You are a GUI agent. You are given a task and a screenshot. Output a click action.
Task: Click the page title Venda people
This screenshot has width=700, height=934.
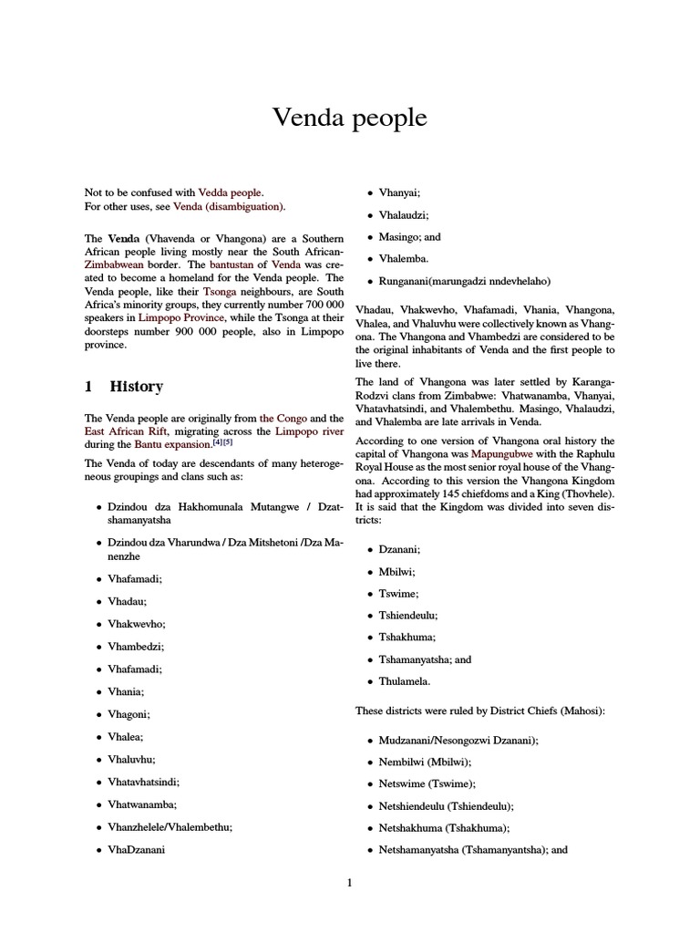(350, 119)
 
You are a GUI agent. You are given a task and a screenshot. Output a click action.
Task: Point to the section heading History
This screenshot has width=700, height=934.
(136, 386)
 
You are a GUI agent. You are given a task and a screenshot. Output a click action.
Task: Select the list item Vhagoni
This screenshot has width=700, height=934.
(129, 715)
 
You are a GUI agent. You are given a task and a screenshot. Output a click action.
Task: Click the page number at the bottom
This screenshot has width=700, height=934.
(349, 883)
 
